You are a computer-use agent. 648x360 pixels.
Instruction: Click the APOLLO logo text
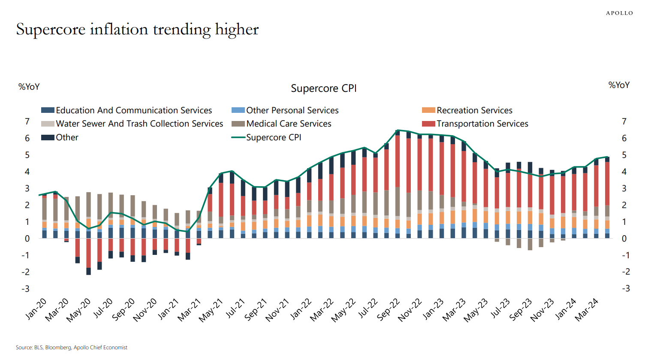coord(619,13)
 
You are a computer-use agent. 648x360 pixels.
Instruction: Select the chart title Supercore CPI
coord(324,88)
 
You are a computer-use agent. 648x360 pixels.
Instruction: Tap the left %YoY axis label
coord(29,87)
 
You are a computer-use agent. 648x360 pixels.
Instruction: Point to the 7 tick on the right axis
coord(624,122)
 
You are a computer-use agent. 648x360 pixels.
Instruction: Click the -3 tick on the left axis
coord(26,289)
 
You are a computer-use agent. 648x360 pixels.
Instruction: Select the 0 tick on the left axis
coord(27,239)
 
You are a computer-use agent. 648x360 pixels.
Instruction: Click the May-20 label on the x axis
coord(78,310)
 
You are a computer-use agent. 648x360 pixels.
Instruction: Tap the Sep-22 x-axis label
coord(389,310)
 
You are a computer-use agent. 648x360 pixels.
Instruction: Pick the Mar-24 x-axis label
coord(587,310)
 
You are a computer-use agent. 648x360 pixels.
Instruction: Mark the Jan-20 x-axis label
coord(36,309)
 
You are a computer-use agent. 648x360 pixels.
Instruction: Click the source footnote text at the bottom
coord(72,348)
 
